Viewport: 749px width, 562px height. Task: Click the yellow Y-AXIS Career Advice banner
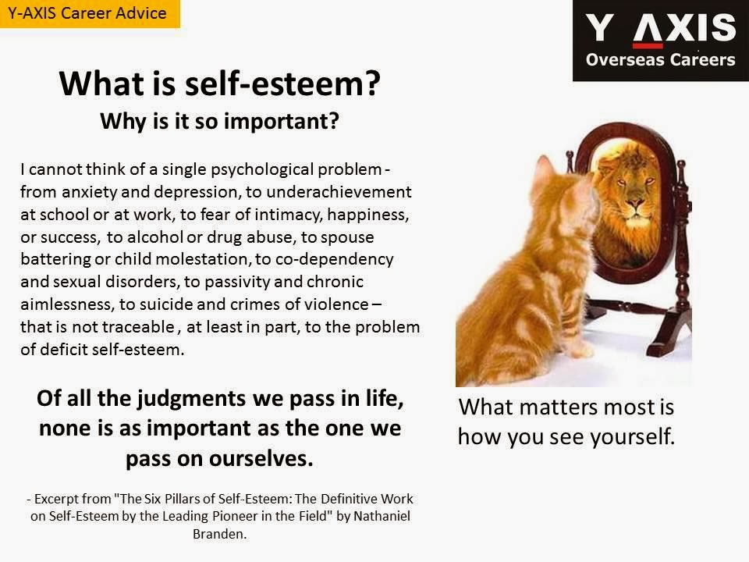pyautogui.click(x=90, y=13)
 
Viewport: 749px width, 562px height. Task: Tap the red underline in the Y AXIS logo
pyautogui.click(x=648, y=46)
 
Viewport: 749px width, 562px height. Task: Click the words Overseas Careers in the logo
pyautogui.click(x=660, y=60)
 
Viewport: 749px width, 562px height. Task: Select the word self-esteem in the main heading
pyautogui.click(x=282, y=84)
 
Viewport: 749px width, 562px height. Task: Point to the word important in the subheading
pyautogui.click(x=282, y=122)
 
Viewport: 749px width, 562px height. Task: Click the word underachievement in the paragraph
pyautogui.click(x=339, y=192)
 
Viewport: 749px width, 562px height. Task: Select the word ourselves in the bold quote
pyautogui.click(x=261, y=459)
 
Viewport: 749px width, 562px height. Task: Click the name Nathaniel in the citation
pyautogui.click(x=382, y=516)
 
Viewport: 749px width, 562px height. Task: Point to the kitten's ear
pyautogui.click(x=545, y=169)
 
